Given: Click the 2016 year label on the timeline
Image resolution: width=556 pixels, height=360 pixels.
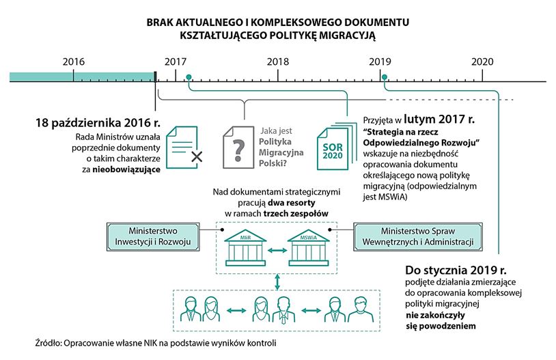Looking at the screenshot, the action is pyautogui.click(x=74, y=61).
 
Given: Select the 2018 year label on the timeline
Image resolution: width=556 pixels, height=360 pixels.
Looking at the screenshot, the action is pyautogui.click(x=278, y=61).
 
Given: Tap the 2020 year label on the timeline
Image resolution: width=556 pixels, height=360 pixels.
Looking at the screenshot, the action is pyautogui.click(x=482, y=61).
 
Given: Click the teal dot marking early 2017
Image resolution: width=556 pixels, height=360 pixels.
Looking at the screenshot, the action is pyautogui.click(x=189, y=77).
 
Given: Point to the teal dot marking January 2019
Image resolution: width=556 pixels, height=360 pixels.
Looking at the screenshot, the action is pyautogui.click(x=385, y=77).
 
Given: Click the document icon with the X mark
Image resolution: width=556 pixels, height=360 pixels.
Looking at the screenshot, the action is pyautogui.click(x=184, y=147).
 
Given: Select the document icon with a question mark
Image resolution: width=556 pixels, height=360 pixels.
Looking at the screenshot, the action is pyautogui.click(x=238, y=147).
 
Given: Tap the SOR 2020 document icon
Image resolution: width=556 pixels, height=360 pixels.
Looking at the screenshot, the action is pyautogui.click(x=336, y=146).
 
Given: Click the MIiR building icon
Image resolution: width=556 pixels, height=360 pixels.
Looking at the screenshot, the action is pyautogui.click(x=245, y=249).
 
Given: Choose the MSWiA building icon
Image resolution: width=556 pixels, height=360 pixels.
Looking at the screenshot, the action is pyautogui.click(x=309, y=249).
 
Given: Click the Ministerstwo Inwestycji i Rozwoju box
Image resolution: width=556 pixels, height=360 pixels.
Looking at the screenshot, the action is pyautogui.click(x=153, y=236).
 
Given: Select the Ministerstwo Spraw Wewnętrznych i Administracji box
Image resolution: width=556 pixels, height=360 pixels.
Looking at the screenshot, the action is pyautogui.click(x=418, y=236).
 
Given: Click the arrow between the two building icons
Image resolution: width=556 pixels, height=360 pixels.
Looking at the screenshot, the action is pyautogui.click(x=277, y=251).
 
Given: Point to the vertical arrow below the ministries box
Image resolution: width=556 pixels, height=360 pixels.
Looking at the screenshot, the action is pyautogui.click(x=277, y=282).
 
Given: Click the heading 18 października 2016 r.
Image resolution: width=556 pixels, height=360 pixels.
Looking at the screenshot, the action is pyautogui.click(x=98, y=123).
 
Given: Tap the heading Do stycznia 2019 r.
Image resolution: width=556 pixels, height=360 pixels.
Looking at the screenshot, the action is pyautogui.click(x=456, y=271).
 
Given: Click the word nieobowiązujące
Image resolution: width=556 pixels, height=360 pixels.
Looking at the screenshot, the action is pyautogui.click(x=126, y=169).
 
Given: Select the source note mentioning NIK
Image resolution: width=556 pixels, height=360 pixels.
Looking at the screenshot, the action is pyautogui.click(x=156, y=343).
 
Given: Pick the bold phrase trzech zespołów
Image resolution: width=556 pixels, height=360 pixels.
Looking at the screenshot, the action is pyautogui.click(x=296, y=214).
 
